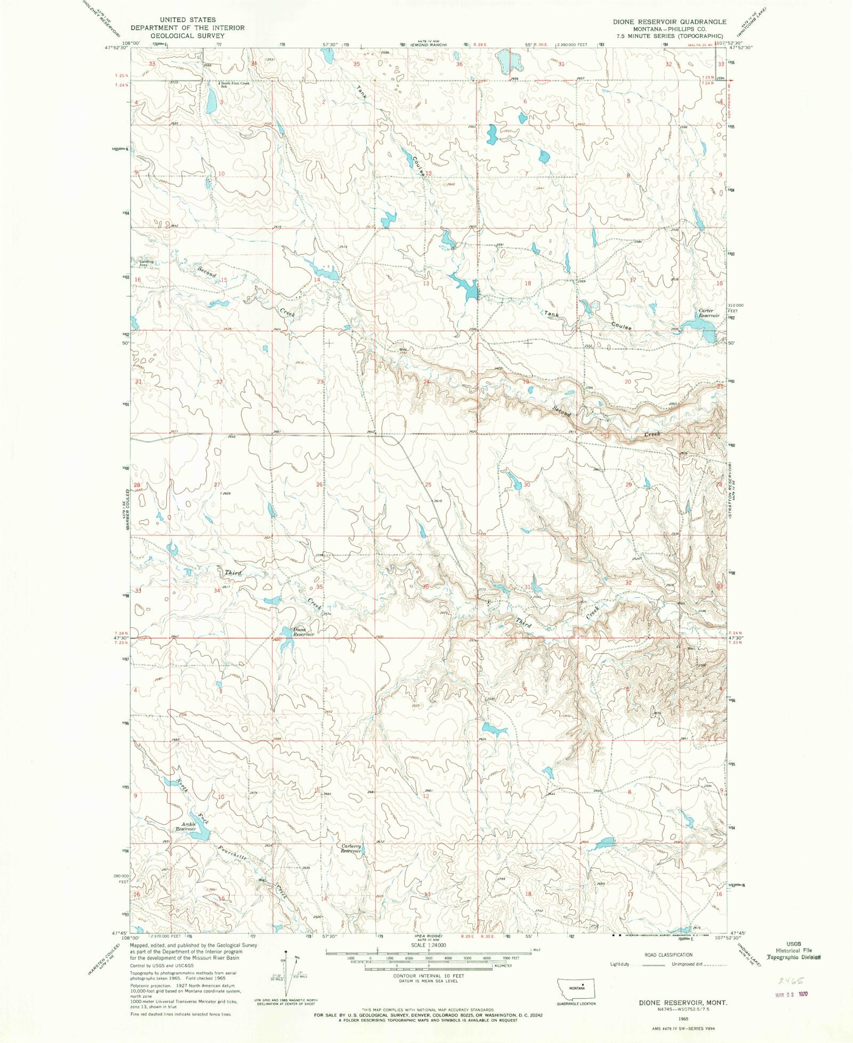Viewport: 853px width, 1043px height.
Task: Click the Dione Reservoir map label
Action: [x=303, y=632]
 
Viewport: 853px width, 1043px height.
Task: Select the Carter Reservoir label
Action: [x=709, y=313]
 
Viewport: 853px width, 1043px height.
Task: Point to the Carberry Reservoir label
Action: [x=351, y=848]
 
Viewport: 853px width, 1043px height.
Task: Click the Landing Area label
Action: [x=147, y=263]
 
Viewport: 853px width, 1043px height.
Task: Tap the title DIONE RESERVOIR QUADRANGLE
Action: [x=669, y=22]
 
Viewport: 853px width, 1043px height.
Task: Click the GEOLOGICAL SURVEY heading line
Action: [x=188, y=36]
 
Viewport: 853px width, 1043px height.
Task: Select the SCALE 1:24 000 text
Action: [x=429, y=945]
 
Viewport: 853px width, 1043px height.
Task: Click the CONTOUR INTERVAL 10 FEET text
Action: [x=429, y=976]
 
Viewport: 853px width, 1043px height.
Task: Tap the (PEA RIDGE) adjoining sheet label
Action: [x=428, y=936]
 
